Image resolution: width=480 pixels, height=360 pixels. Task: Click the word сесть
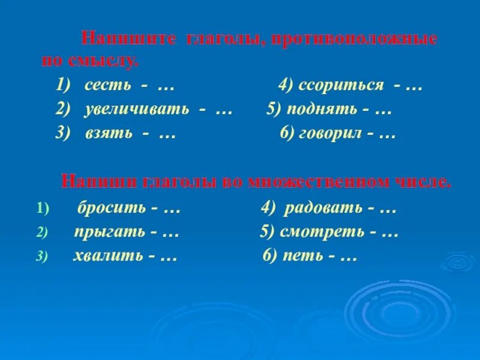coord(107,86)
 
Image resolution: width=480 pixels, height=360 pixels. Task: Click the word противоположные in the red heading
coord(354,40)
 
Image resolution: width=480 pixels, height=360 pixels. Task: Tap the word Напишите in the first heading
coord(128,40)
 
